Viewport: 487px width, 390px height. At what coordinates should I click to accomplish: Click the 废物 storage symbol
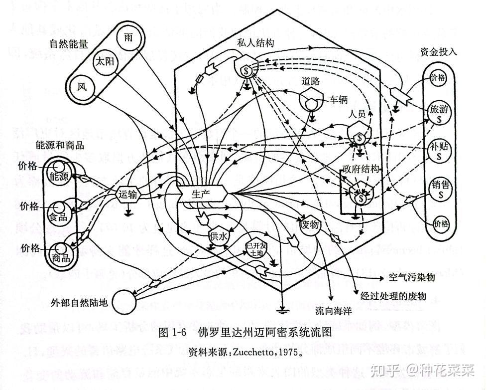(x=310, y=224)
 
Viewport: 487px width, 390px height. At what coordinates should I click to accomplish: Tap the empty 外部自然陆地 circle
(x=123, y=301)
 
